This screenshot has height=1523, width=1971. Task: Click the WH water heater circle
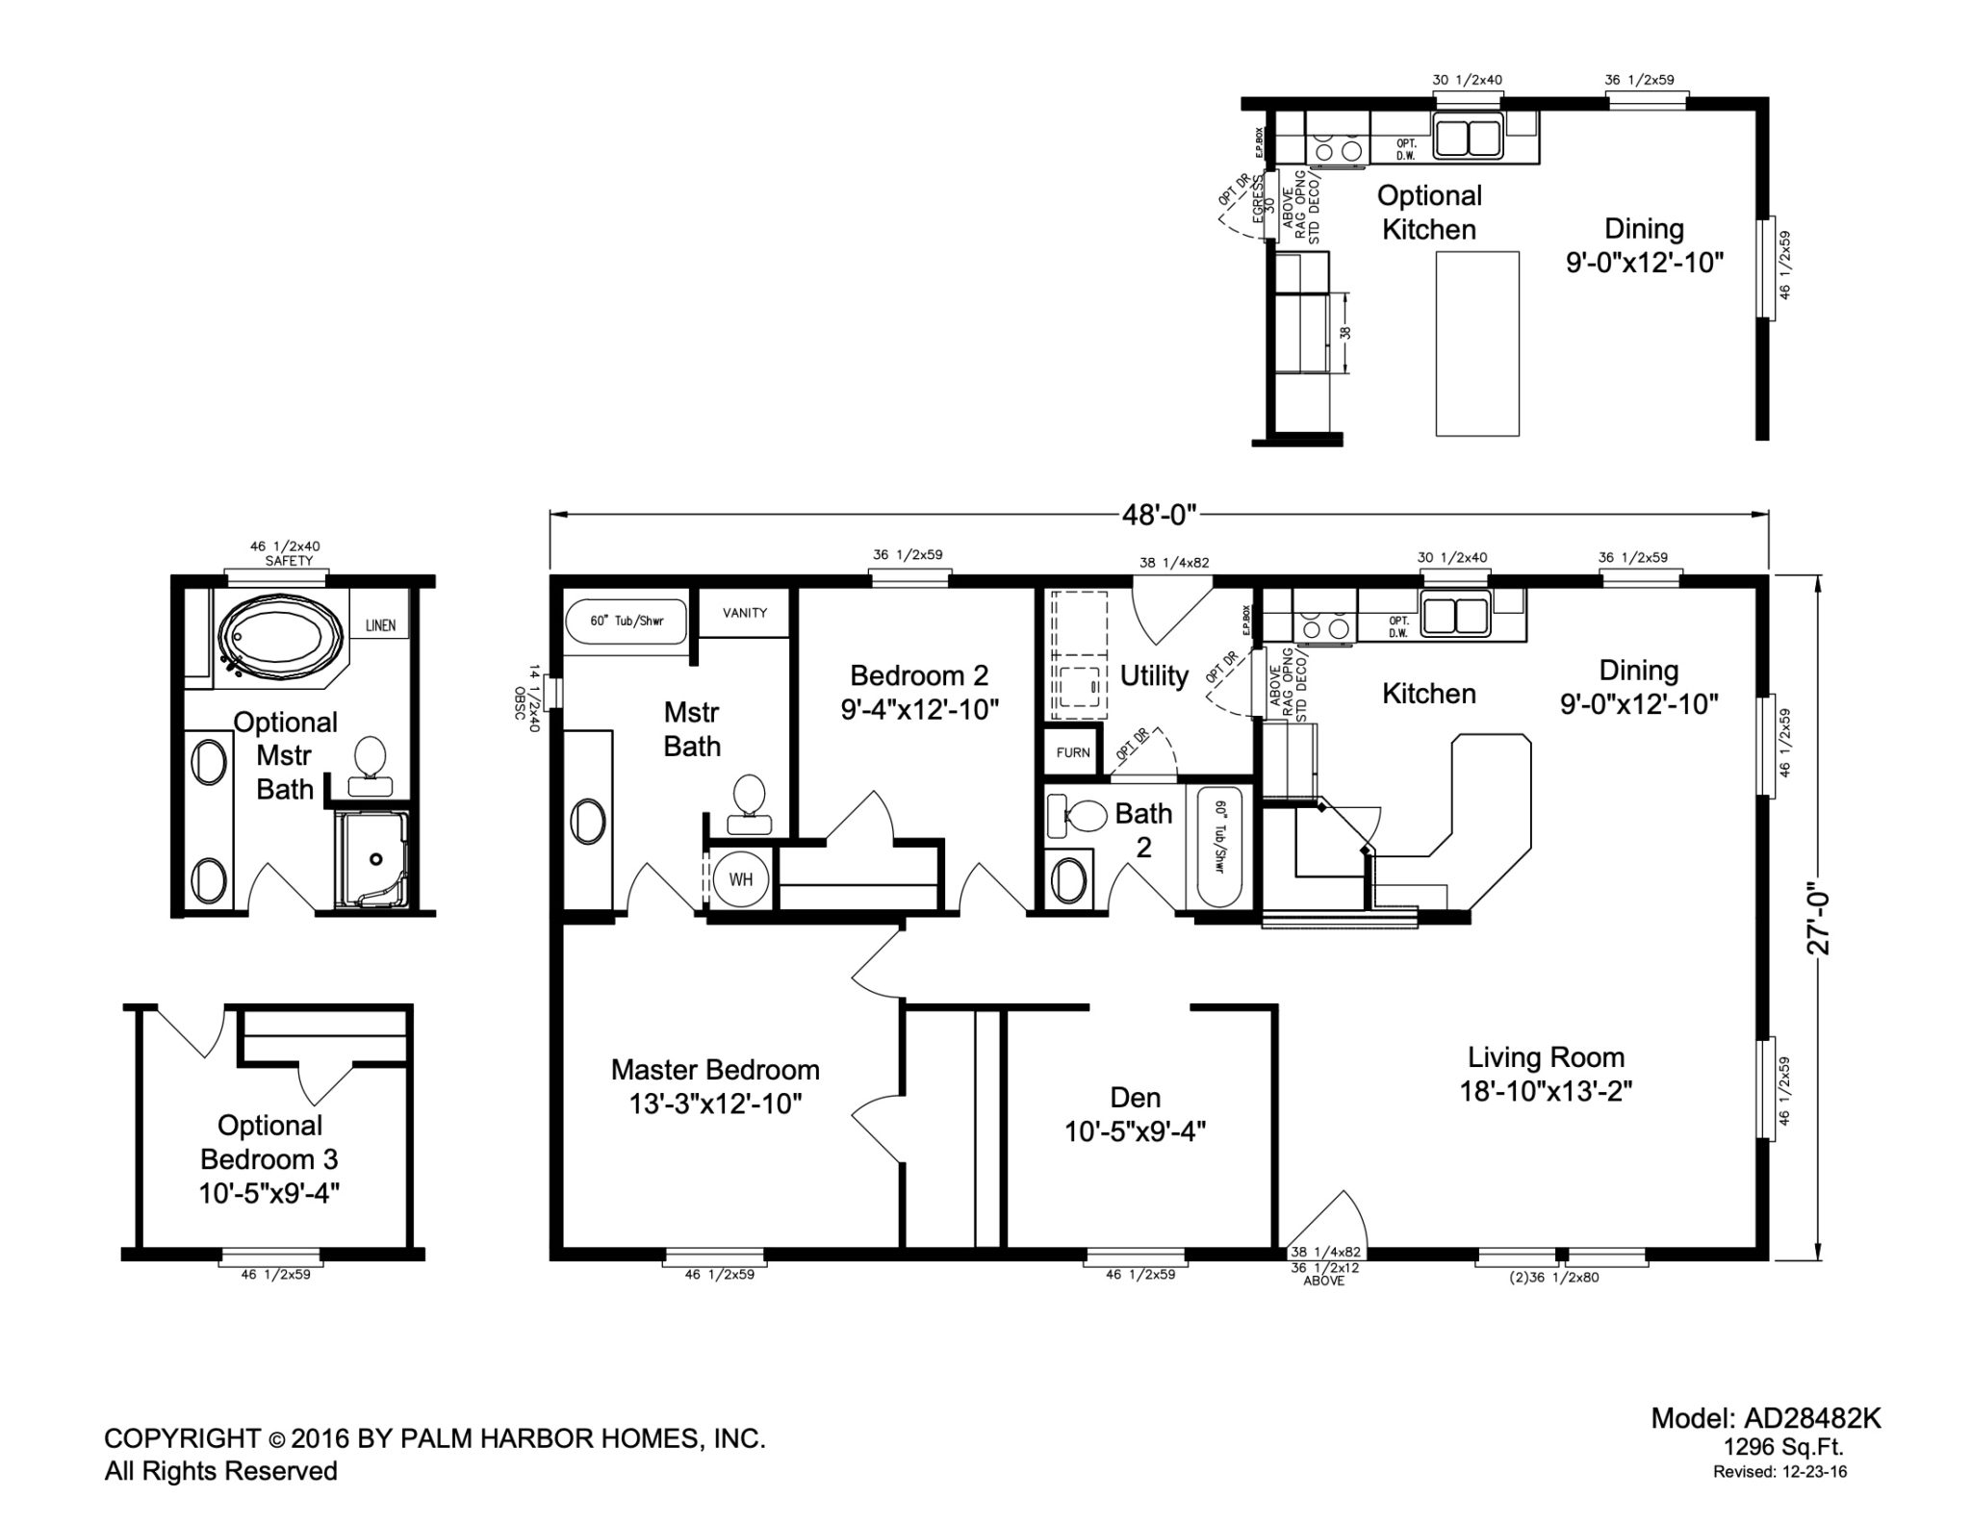coord(740,878)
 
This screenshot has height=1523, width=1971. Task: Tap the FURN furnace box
coord(1072,751)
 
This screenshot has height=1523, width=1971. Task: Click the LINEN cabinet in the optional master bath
coord(380,625)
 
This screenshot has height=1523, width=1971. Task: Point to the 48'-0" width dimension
coord(1159,515)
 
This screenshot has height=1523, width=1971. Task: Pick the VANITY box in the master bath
coord(745,613)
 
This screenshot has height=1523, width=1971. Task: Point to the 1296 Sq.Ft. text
coord(1783,1447)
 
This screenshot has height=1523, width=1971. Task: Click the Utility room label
coord(1154,676)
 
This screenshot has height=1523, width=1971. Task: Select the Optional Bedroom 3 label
coord(269,1159)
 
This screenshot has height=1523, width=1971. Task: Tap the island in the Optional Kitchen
coord(1477,343)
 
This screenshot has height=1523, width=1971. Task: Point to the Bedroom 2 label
coord(920,692)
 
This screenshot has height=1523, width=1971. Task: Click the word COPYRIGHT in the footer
coord(182,1438)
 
